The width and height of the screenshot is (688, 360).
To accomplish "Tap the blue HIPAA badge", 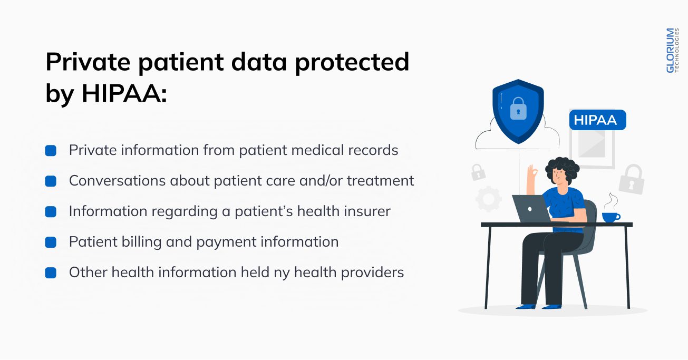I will click(597, 120).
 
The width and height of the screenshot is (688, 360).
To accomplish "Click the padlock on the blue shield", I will click(518, 109).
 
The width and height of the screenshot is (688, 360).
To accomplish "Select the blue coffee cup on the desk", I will click(611, 217).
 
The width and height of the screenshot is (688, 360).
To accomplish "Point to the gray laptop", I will click(530, 209).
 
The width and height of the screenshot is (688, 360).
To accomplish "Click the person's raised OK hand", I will click(531, 172).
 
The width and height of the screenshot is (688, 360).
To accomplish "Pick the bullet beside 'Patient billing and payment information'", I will click(51, 242).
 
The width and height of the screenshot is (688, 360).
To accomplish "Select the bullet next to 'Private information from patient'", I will click(51, 151).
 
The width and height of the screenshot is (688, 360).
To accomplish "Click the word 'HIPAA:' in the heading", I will click(124, 93).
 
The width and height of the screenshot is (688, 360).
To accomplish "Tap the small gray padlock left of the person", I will click(478, 172).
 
